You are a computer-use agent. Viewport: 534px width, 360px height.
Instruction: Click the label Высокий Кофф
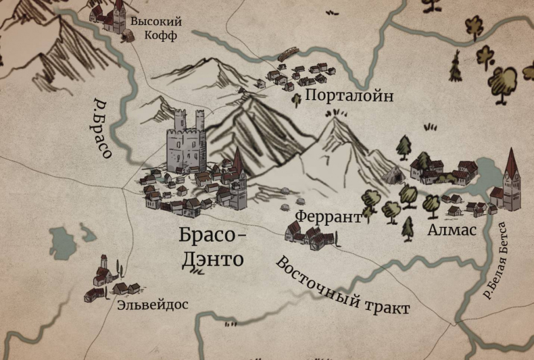155,28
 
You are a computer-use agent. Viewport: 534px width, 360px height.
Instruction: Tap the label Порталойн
349,96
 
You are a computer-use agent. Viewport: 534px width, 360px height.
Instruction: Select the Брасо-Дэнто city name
211,247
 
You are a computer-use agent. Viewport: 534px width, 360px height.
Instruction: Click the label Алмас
452,230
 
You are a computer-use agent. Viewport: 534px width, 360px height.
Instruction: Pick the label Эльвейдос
152,305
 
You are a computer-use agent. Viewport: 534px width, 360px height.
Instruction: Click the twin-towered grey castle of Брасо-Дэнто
186,143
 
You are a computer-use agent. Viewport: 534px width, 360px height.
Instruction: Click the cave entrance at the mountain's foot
391,177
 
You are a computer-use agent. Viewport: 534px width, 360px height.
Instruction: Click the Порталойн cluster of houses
297,76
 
